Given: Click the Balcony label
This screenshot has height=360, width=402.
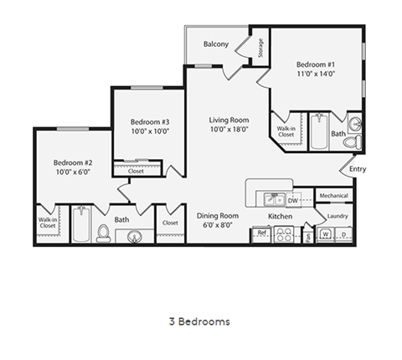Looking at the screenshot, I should pos(216,44).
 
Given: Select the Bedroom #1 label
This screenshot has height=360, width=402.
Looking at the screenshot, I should pos(316,64).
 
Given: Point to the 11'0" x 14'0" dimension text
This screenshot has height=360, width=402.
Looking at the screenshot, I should pos(316,74).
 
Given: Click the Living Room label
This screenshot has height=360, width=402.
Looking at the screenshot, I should pos(229,120).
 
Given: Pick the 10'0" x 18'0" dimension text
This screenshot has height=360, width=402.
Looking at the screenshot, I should pos(229,130).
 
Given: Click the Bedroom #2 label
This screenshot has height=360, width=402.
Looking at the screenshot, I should pos(72,162).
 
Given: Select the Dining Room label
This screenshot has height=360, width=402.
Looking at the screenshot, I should pos(217,216).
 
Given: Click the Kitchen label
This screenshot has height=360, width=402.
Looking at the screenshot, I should pos(279,216).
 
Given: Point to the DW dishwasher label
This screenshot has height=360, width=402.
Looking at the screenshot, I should pos(293,201).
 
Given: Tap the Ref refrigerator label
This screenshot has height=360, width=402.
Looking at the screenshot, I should pos(261,232).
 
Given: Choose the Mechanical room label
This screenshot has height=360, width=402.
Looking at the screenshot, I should pos(333,196).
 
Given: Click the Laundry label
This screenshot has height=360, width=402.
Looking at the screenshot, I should pos(337,216).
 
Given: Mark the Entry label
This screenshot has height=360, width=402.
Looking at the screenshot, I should pos(358,169).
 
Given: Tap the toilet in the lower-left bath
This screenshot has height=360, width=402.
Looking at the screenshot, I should pos(104,233).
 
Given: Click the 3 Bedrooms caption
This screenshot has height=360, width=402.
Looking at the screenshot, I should pos(199,321).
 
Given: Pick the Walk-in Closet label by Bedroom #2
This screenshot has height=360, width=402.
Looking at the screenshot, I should pos(48,223).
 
